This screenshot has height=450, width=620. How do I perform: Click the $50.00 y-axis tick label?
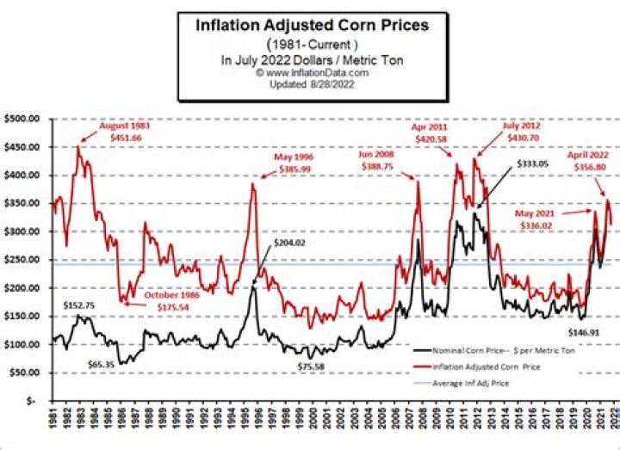pyautogui.click(x=26, y=373)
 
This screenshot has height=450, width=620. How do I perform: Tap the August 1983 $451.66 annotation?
pyautogui.click(x=120, y=131)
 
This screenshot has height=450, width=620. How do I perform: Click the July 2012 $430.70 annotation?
pyautogui.click(x=522, y=131)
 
